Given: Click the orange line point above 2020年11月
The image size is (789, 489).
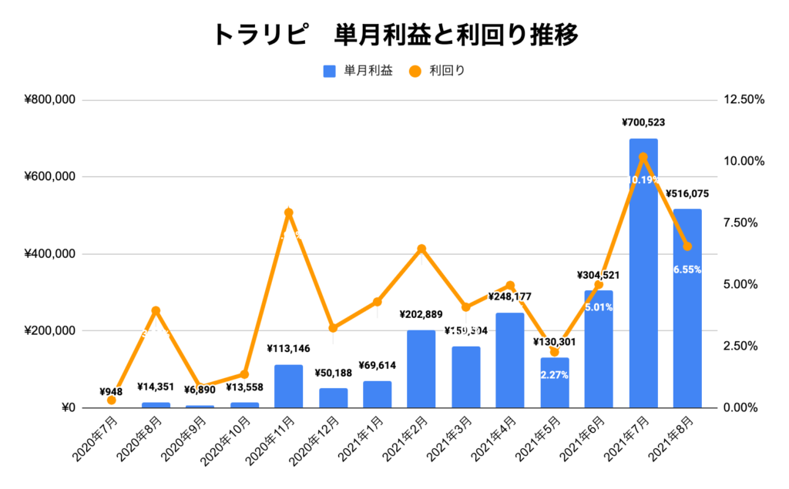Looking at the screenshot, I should click(288, 213).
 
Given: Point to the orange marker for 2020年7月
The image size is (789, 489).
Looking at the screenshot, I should click(112, 400).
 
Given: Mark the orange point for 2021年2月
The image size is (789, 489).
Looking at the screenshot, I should click(421, 249).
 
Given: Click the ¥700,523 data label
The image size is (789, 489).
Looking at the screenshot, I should click(643, 122).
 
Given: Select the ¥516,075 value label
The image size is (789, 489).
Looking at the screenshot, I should click(687, 193).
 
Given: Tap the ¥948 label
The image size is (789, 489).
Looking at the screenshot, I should click(112, 391).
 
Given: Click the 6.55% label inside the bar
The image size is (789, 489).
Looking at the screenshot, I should click(687, 270).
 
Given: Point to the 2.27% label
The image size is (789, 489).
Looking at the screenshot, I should click(555, 376).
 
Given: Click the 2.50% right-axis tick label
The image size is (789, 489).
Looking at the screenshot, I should click(741, 346).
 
